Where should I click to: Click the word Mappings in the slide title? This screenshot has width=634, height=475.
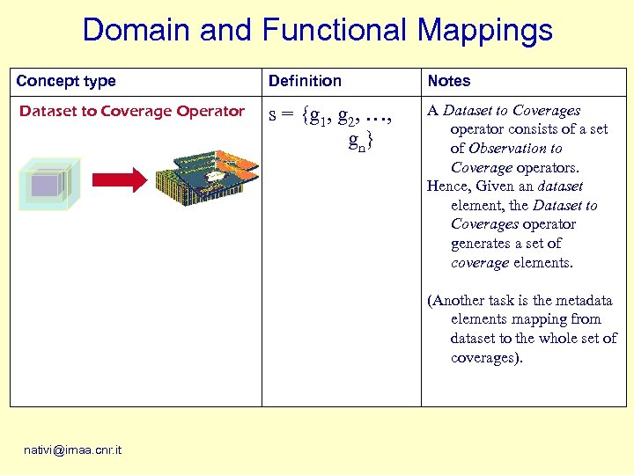[x=484, y=32]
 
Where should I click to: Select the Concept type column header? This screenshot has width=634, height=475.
[x=66, y=81]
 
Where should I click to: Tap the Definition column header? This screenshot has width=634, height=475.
[x=305, y=81]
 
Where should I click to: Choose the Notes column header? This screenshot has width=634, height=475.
[x=449, y=81]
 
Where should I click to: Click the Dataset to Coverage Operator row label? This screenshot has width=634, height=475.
[x=132, y=111]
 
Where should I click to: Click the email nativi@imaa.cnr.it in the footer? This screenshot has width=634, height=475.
[x=73, y=450]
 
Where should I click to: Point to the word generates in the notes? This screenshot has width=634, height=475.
[x=481, y=244]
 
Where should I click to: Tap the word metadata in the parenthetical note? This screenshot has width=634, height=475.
[x=584, y=301]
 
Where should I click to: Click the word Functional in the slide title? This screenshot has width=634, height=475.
[x=335, y=30]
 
